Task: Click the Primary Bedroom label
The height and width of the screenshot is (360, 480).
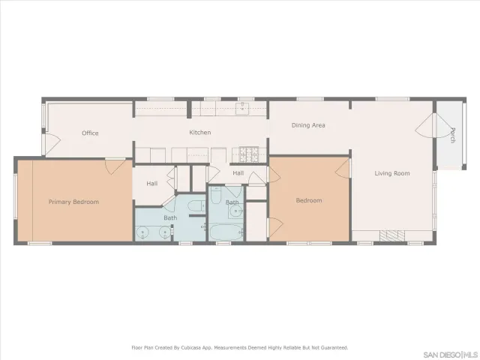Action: coord(73,202)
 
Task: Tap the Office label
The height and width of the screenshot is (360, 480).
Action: coord(90,133)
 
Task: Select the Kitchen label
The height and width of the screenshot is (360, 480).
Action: coord(199,133)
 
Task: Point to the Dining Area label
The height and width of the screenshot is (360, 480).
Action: coord(307,125)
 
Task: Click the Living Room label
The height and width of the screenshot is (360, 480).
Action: coord(392,173)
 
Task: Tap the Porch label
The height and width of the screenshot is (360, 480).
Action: coord(452,135)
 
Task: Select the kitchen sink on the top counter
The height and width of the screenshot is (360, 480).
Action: coord(242,109)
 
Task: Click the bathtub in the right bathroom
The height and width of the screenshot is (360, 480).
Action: coord(226,232)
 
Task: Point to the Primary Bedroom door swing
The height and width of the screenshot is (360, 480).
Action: coord(115,165)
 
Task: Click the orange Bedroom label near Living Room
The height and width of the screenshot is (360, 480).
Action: coord(308,200)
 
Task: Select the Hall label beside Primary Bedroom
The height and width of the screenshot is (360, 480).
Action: coord(151,183)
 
